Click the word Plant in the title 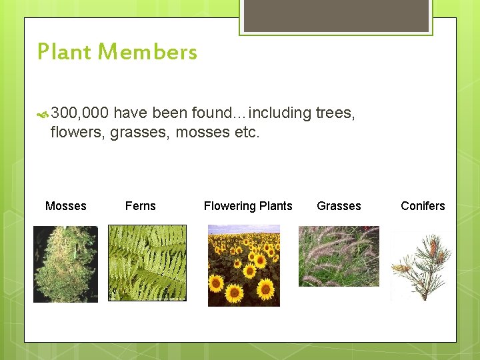coord(63,52)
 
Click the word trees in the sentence coord(335,113)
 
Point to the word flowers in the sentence coord(77,132)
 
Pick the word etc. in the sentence coord(246,132)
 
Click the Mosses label coord(65,206)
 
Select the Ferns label coord(140,206)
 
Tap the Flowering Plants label coord(248,206)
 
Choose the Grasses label coord(339,206)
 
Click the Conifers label coord(423,206)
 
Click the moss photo coord(65,264)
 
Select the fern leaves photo coord(147,263)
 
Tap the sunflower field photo coord(244,265)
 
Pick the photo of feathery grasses coord(339,256)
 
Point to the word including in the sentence coord(279,113)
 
